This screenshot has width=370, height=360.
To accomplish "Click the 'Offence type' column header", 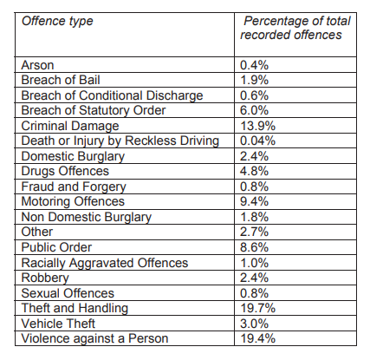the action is coord(57,22).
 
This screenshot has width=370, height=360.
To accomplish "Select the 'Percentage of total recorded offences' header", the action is coord(295,28).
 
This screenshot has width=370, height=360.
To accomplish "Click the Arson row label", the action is coord(37,65).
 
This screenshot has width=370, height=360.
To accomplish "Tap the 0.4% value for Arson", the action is coord(254,65).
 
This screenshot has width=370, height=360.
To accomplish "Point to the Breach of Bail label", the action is coord(61,80).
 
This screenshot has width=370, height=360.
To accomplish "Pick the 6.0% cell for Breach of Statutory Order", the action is coord(254,110).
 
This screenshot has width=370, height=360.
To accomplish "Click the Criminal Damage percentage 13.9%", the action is coord(258,126).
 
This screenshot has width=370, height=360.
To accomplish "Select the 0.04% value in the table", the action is coord(258,141).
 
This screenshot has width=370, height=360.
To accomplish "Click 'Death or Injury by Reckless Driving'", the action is coord(120,141).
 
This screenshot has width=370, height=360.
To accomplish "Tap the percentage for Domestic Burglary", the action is coord(254,156).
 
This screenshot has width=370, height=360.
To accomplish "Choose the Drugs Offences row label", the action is coord(65,172).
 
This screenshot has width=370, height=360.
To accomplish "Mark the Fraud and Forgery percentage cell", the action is coord(254,187).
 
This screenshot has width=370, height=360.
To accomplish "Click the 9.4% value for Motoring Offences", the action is coord(254,201).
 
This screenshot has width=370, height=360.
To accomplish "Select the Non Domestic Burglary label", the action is coord(87,218).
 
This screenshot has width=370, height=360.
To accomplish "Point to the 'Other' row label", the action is coord(37,232).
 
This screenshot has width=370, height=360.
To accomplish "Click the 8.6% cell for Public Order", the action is coord(254,247).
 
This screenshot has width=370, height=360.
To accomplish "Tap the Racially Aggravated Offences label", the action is coord(105,264).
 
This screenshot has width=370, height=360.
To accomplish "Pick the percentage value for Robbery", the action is coord(254,278).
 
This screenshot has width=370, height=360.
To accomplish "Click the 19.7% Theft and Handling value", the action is coord(258,308).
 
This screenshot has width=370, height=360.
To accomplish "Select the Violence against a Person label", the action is coord(94,339).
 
